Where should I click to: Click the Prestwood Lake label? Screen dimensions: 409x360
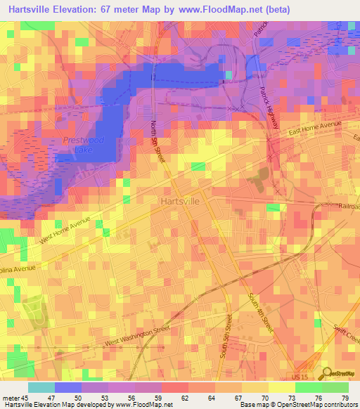[83, 145]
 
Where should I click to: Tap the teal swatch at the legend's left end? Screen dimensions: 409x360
[41, 387]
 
